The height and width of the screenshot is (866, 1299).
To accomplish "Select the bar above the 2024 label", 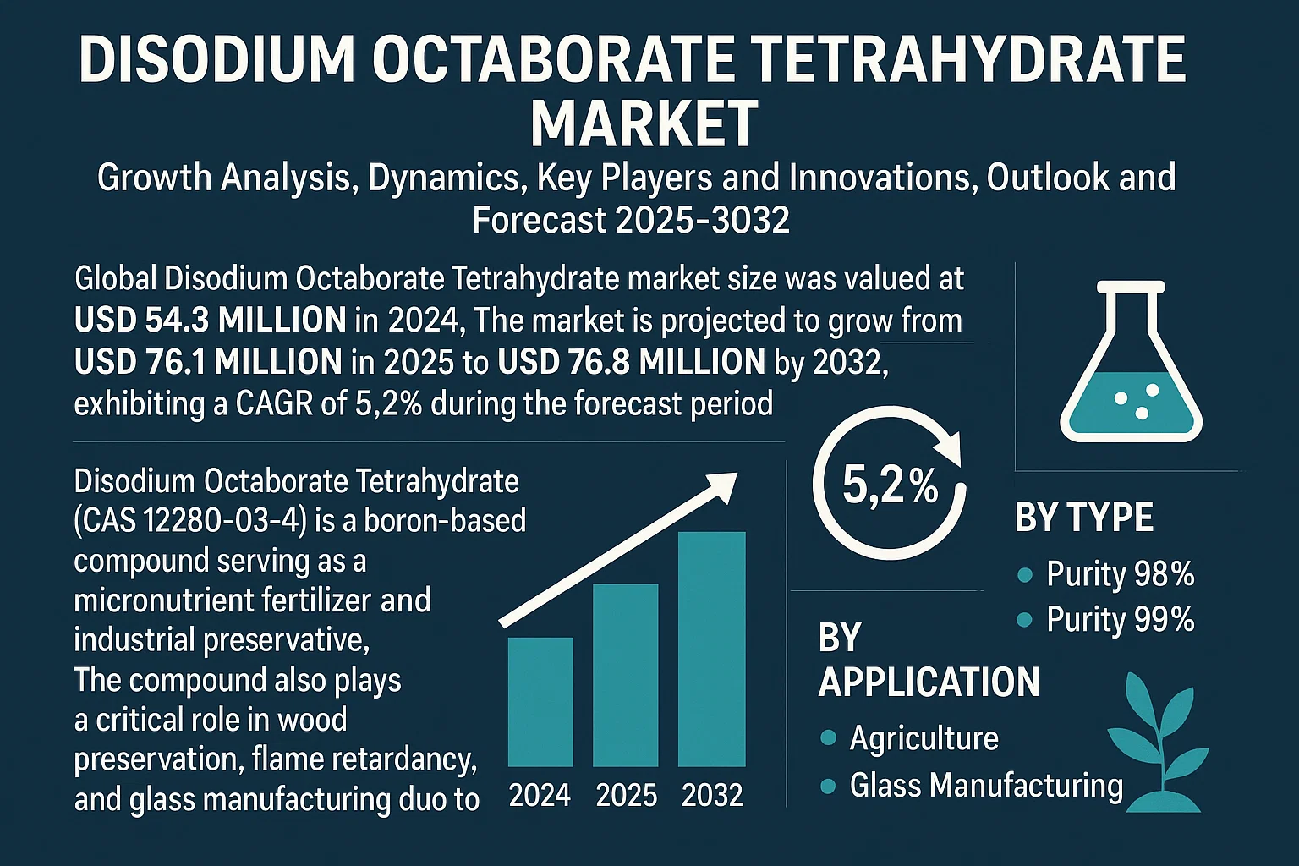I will (540, 702).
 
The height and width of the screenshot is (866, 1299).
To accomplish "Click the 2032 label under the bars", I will (712, 796).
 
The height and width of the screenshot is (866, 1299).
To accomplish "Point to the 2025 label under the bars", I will (627, 796).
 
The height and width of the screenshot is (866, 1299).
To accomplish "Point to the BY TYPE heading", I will (1084, 518).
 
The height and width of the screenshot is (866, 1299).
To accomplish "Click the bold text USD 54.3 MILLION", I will (210, 321).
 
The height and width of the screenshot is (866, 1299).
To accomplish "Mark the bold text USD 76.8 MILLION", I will (632, 362).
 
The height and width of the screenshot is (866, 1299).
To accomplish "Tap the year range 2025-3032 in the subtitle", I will (702, 220).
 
